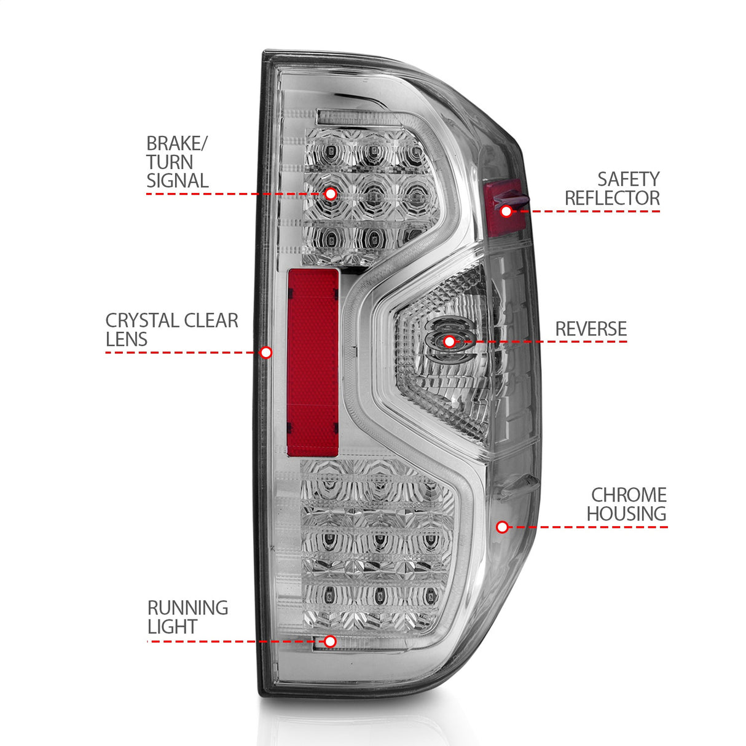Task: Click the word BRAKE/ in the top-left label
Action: (177, 144)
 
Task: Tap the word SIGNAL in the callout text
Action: (177, 181)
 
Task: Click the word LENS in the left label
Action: (127, 339)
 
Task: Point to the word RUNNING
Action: (187, 608)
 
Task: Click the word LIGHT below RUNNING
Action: (172, 627)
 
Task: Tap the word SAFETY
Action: (628, 179)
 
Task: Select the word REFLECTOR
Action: (612, 198)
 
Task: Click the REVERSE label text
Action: (591, 329)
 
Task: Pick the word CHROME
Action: (629, 495)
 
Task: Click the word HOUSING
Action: (626, 514)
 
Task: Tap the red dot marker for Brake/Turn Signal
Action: (330, 194)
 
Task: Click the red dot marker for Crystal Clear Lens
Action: (266, 352)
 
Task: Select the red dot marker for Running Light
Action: (330, 642)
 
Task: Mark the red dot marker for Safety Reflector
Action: (506, 211)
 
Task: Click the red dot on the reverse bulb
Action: (450, 342)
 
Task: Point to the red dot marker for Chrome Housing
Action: (502, 527)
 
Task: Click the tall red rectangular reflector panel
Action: (313, 363)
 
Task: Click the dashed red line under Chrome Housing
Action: (590, 527)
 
